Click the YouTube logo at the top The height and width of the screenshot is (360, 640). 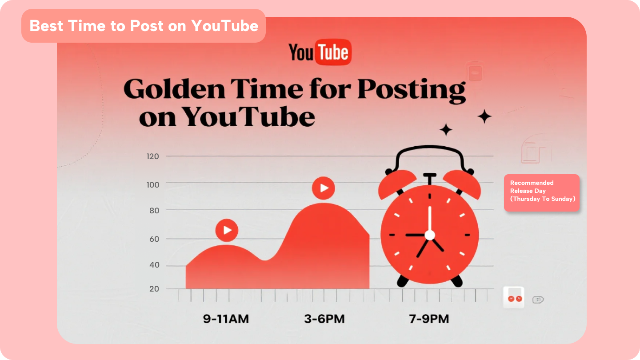tap(320, 53)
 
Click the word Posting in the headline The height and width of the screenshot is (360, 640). tap(411, 90)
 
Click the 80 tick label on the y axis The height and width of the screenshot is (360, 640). tap(154, 210)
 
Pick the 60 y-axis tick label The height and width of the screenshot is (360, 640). tap(154, 239)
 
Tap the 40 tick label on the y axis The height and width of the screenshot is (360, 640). tap(154, 266)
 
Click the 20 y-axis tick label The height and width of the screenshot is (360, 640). tap(154, 289)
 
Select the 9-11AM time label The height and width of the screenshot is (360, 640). tap(226, 319)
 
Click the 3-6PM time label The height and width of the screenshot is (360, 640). tap(324, 319)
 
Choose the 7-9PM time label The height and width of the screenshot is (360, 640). tap(428, 319)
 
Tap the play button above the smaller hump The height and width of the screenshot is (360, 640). tap(227, 230)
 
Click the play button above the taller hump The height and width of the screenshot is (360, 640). tap(324, 188)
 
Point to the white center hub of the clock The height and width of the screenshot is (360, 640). tap(429, 235)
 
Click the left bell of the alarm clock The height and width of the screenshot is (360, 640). tap(397, 184)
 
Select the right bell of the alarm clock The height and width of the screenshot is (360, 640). tap(462, 184)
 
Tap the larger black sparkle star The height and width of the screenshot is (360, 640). tap(484, 117)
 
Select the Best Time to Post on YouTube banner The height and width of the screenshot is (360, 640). tap(144, 26)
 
